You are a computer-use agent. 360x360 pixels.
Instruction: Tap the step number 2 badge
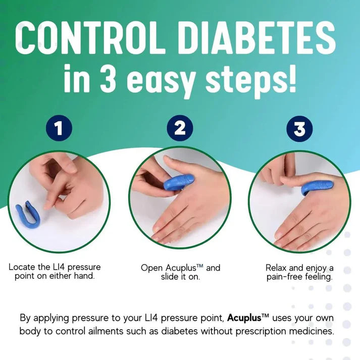[x=180, y=129]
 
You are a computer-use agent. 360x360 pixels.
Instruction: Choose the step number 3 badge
[x=299, y=129]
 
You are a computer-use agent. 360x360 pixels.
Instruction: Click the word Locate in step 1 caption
[x=23, y=267]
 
